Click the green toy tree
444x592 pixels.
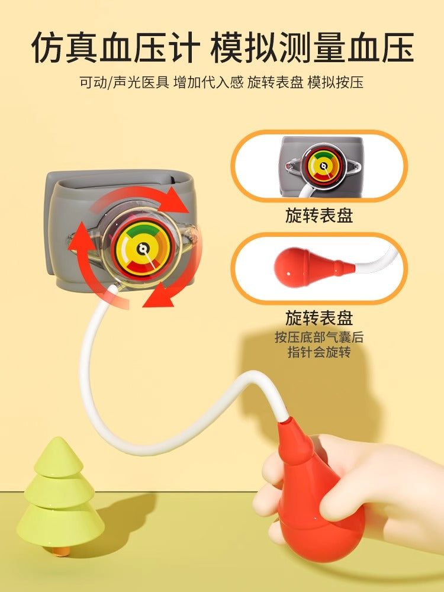tap(60, 494)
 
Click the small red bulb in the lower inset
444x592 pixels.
tap(313, 262)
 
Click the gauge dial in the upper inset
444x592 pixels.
tap(323, 166)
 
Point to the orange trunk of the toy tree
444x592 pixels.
tap(61, 551)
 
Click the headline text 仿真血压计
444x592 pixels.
tap(115, 47)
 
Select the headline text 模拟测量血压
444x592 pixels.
tap(312, 47)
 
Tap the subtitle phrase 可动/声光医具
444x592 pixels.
tap(124, 82)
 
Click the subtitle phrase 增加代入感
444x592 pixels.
tap(208, 82)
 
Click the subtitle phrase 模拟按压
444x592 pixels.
tap(335, 82)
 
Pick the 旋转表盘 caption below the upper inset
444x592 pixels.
tap(319, 215)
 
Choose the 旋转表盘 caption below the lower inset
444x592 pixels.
tap(319, 318)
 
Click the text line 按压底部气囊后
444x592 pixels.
tap(319, 337)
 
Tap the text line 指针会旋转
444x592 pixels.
tap(319, 352)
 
